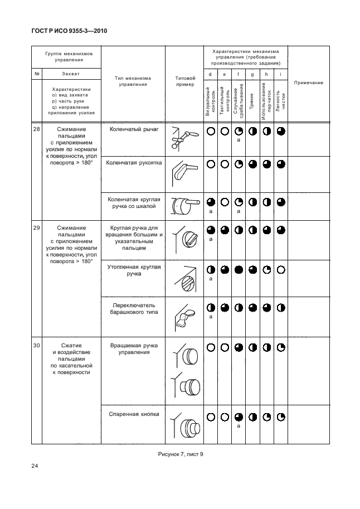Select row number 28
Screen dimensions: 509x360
pos(36,129)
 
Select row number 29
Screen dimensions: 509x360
pos(36,227)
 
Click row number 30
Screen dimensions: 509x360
pos(36,346)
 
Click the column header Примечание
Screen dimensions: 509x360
pos(308,83)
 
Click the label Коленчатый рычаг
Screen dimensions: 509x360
pos(133,129)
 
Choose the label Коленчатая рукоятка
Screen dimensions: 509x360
pos(133,163)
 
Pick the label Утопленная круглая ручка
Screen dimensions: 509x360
pos(134,270)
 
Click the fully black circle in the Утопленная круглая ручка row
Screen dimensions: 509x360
pos(238,269)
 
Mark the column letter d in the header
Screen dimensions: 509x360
pos(210,74)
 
